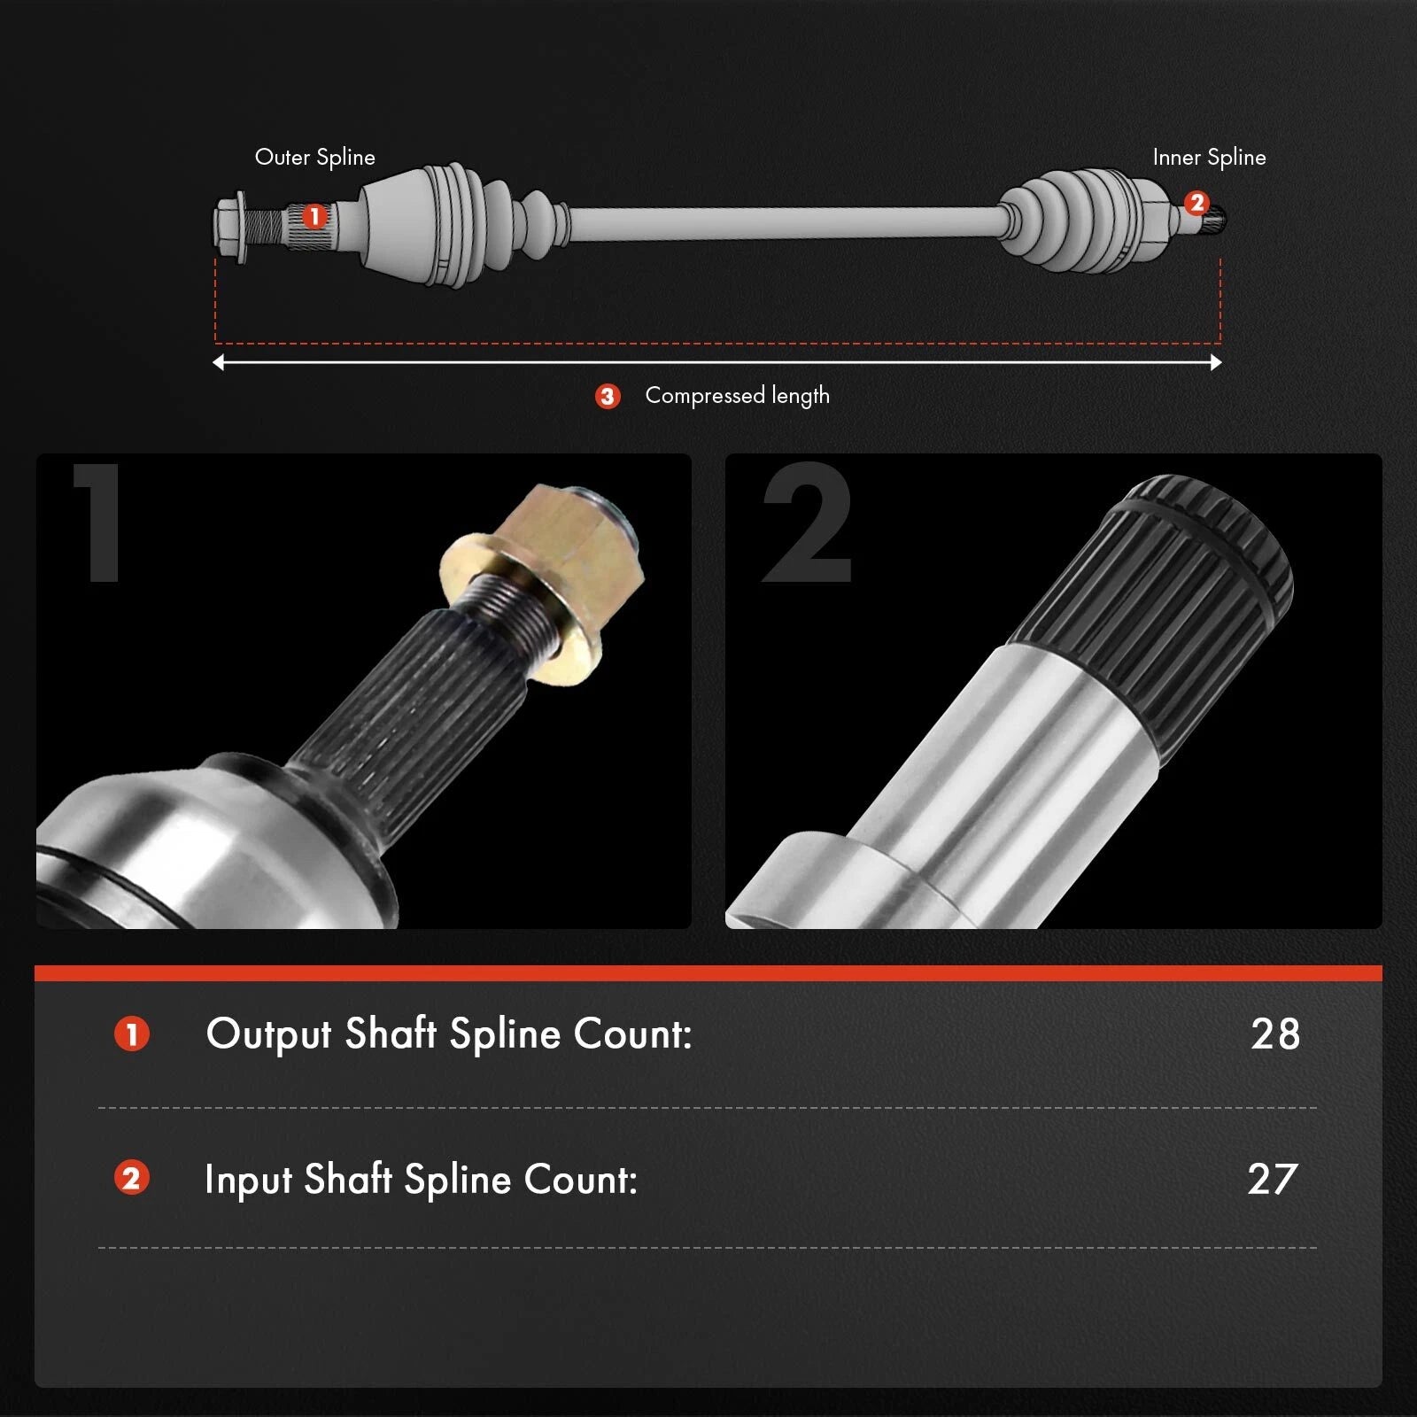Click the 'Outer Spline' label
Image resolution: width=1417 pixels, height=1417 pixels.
click(315, 158)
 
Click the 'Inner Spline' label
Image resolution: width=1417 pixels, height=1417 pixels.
click(1209, 158)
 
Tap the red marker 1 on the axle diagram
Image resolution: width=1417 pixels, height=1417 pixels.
click(314, 216)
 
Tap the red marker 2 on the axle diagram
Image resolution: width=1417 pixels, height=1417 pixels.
click(1196, 203)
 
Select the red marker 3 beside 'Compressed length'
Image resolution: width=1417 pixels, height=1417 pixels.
click(608, 396)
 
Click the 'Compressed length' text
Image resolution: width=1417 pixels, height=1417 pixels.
click(737, 396)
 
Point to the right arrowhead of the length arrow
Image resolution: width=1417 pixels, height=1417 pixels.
click(1216, 362)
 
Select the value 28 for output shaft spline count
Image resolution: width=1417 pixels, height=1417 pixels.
click(1275, 1034)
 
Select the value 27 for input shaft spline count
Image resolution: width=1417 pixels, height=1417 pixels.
click(1273, 1179)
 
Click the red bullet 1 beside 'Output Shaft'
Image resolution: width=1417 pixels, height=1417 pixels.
click(132, 1034)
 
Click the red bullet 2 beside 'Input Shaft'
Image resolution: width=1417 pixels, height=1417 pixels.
click(132, 1179)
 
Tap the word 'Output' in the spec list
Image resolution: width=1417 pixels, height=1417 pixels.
click(268, 1034)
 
